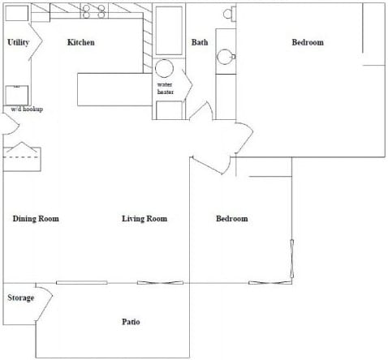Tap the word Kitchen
pos(81,42)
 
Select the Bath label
pos(200,43)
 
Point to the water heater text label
pos(166,88)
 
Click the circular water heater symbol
pos(166,68)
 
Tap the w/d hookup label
pos(26,109)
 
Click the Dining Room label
pos(37,219)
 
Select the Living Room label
pos(144,219)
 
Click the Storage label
pos(21,298)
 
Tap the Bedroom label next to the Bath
pos(308,43)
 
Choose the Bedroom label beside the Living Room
pos(232,219)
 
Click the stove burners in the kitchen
pos(94,11)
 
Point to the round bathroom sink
pos(225,57)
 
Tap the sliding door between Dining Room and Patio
pos(81,282)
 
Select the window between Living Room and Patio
pos(155,282)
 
